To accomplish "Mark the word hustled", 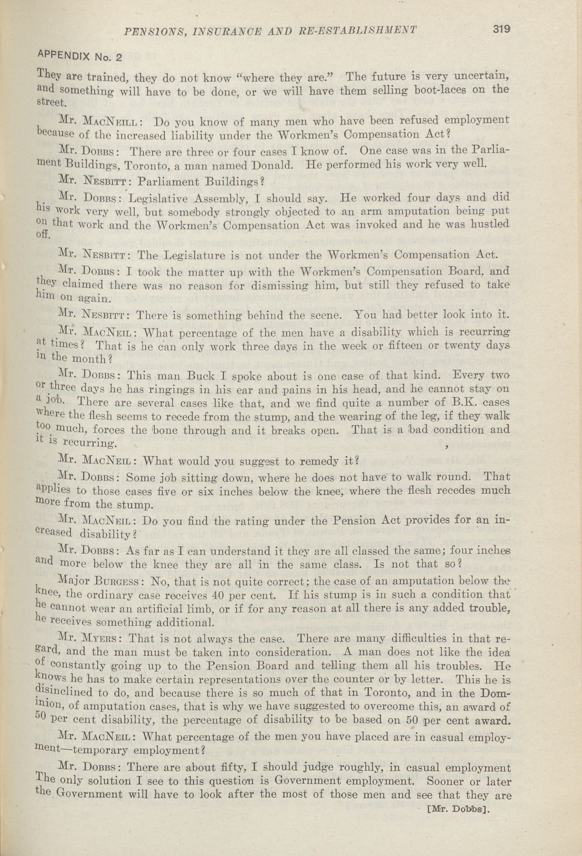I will (x=485, y=224).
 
